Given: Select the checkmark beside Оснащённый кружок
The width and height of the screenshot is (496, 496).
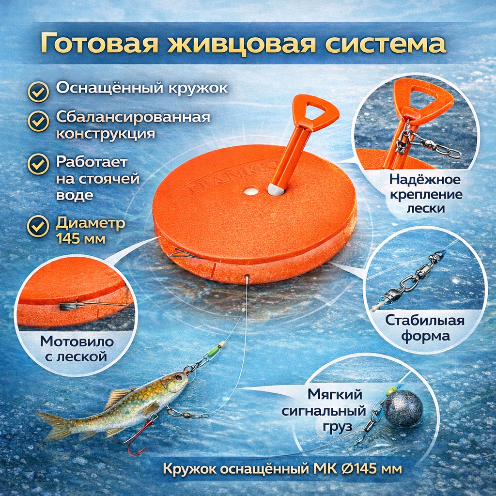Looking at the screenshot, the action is pyautogui.click(x=38, y=92).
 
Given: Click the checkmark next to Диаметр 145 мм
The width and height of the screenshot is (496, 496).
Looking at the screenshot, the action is pyautogui.click(x=38, y=227).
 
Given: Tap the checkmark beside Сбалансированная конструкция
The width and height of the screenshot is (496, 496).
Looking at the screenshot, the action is pyautogui.click(x=38, y=121).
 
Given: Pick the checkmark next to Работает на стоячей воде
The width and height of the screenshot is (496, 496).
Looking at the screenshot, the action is pyautogui.click(x=38, y=165).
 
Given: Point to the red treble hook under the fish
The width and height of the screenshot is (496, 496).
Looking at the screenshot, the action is pyautogui.click(x=135, y=436).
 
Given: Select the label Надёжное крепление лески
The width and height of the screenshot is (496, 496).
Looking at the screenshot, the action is pyautogui.click(x=426, y=194).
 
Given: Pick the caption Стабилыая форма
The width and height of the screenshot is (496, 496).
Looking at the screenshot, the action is pyautogui.click(x=425, y=328).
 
